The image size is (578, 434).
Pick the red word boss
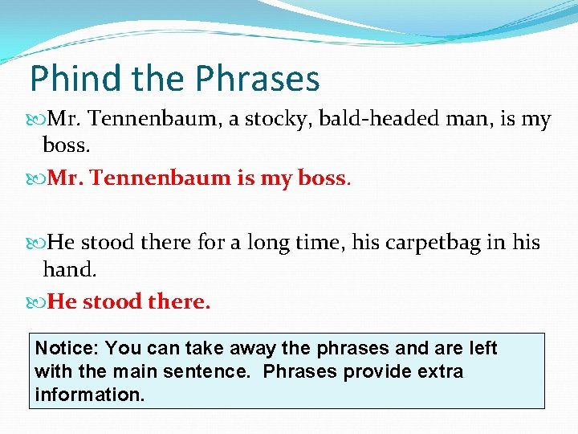click(x=321, y=178)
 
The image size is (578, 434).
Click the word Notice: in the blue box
click(x=67, y=349)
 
